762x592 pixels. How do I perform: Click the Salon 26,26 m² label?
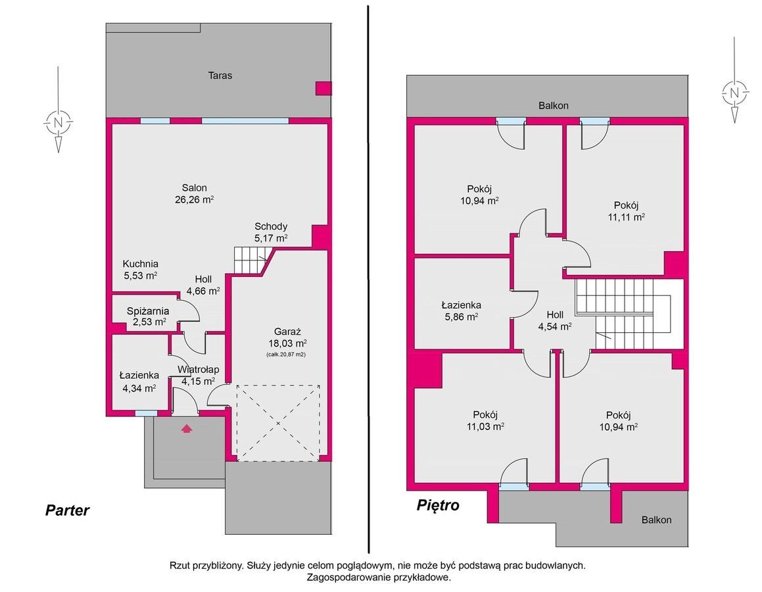point(195,193)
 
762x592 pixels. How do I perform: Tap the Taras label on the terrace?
point(220,76)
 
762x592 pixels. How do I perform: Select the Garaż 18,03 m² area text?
point(287,337)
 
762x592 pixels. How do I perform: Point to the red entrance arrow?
point(187,429)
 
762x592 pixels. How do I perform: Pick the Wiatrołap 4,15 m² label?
point(198,375)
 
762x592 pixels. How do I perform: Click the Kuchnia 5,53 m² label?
point(141,270)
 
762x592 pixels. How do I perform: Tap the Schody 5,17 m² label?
point(271,232)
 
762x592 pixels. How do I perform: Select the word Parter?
point(67,510)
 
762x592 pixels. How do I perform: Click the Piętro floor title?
point(438,505)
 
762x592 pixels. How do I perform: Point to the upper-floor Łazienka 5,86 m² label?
point(461,311)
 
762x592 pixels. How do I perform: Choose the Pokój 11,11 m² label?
point(626,211)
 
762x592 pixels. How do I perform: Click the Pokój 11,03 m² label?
point(485,420)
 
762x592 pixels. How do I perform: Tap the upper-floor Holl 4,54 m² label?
point(554,321)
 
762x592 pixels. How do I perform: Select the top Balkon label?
point(554,105)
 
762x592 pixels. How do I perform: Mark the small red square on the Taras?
point(323,88)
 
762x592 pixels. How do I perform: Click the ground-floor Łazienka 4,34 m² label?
point(139,382)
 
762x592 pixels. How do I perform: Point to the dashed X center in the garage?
point(278,424)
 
